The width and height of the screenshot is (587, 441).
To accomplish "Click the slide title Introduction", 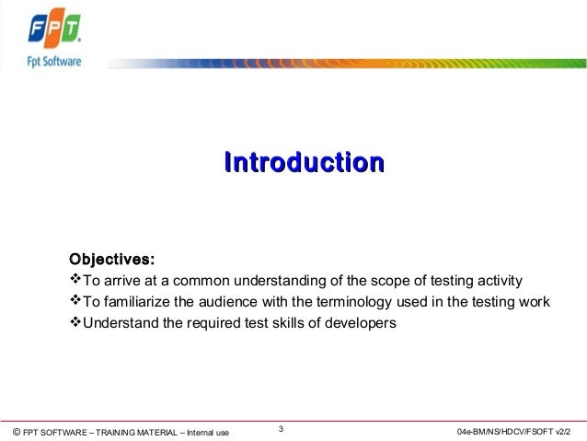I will pyautogui.click(x=303, y=164).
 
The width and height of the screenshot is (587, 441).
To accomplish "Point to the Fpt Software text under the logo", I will pyautogui.click(x=49, y=62).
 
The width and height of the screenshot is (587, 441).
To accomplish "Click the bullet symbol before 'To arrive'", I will pyautogui.click(x=76, y=280).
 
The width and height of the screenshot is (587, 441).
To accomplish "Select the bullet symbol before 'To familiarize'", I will pyautogui.click(x=76, y=302).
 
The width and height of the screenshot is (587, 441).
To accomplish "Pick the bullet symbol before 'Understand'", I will pyautogui.click(x=76, y=324).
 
